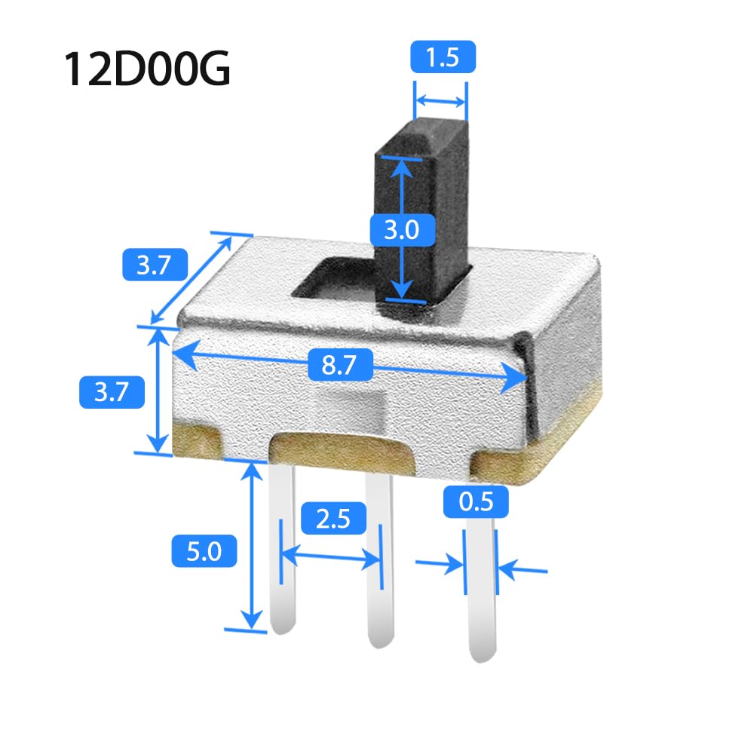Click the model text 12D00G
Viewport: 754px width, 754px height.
click(x=146, y=69)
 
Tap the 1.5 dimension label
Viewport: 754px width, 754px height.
click(x=443, y=58)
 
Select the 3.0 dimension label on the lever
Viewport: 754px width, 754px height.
click(x=401, y=228)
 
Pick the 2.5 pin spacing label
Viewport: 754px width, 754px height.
click(x=333, y=520)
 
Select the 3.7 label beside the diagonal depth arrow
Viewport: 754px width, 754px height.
click(x=155, y=265)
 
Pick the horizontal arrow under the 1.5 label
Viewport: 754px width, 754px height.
click(x=442, y=100)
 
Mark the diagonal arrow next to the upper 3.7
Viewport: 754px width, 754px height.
click(x=192, y=278)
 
